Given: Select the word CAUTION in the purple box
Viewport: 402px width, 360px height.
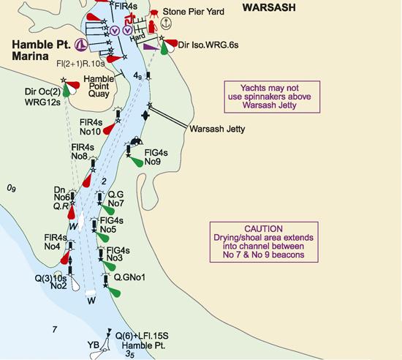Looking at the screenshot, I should pos(264,228).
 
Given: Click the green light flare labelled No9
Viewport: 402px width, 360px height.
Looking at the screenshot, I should pos(137,163).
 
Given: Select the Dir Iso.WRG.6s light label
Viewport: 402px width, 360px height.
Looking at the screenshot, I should pos(208,45).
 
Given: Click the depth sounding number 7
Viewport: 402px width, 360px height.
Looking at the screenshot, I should pos(54,330).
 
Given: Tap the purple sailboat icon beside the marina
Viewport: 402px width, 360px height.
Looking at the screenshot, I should pos(83,43).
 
